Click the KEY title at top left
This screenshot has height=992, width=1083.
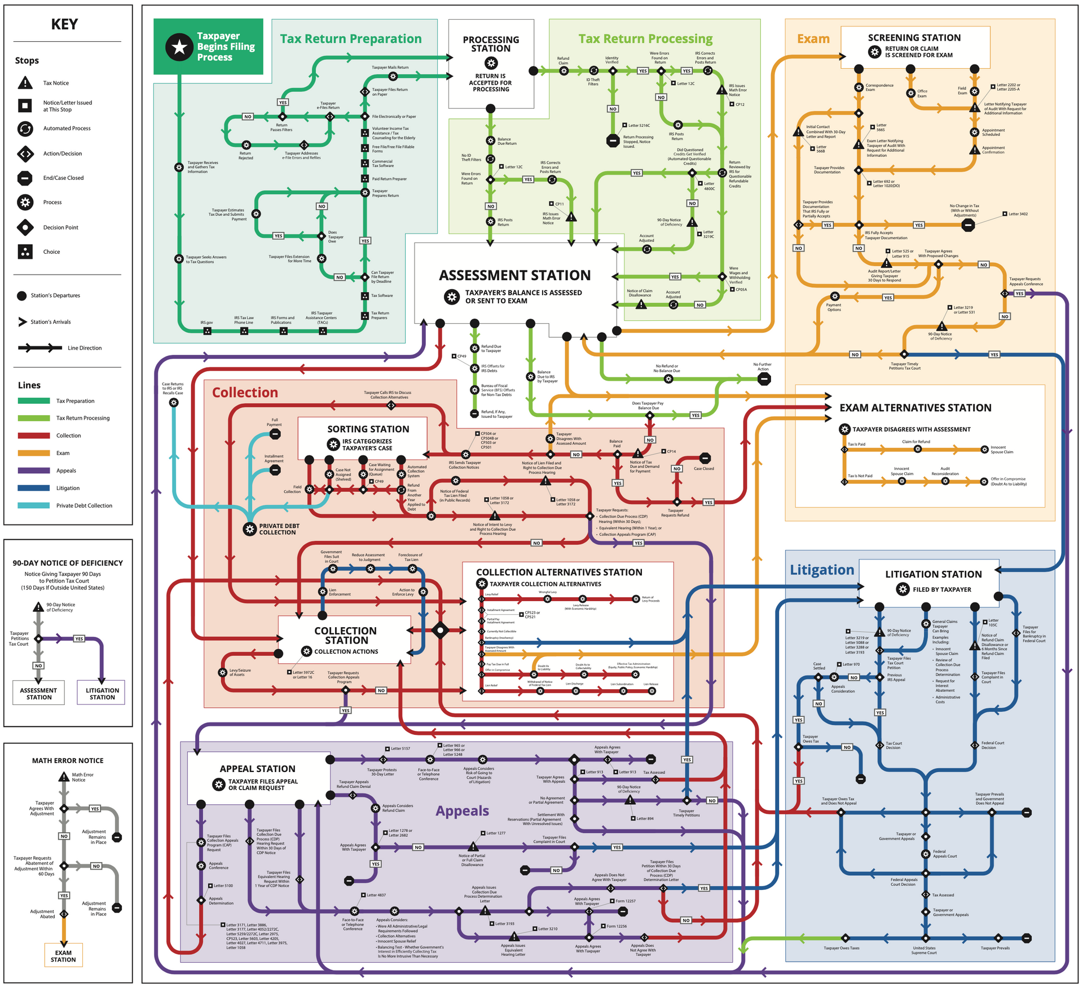[x=64, y=24]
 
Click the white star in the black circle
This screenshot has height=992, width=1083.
[x=179, y=47]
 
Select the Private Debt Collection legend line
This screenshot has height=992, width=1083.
[x=34, y=506]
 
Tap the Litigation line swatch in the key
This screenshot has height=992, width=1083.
[x=34, y=488]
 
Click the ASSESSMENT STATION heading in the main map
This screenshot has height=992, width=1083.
[x=514, y=275]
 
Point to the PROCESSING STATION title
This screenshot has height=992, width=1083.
[x=491, y=44]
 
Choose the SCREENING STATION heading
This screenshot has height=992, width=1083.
[x=914, y=38]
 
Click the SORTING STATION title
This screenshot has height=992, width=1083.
[x=368, y=429]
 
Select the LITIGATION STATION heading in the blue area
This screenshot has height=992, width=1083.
[x=933, y=574]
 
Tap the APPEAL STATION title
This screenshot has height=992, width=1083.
[x=257, y=769]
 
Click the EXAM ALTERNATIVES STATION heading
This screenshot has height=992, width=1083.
[x=915, y=408]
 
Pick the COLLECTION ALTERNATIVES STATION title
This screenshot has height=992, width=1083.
[x=559, y=572]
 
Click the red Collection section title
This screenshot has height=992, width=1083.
[x=245, y=393]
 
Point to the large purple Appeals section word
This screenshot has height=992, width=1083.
[x=462, y=811]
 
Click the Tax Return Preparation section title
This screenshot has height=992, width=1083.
[x=350, y=39]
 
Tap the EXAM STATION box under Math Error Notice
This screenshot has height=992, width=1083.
[x=63, y=956]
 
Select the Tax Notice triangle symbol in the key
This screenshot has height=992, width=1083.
[x=25, y=83]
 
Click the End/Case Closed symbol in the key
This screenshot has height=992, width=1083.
[x=25, y=178]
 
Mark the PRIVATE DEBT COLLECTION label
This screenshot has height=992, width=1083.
[x=279, y=529]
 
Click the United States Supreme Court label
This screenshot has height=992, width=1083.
[x=923, y=950]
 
